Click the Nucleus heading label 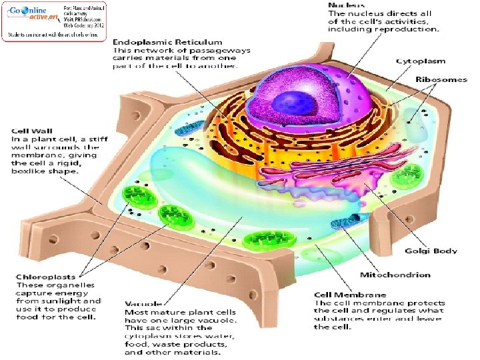point(346,5)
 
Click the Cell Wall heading point(29,129)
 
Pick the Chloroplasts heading point(44,277)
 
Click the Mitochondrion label point(395,275)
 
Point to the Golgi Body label point(432,251)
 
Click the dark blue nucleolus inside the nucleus point(289,103)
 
